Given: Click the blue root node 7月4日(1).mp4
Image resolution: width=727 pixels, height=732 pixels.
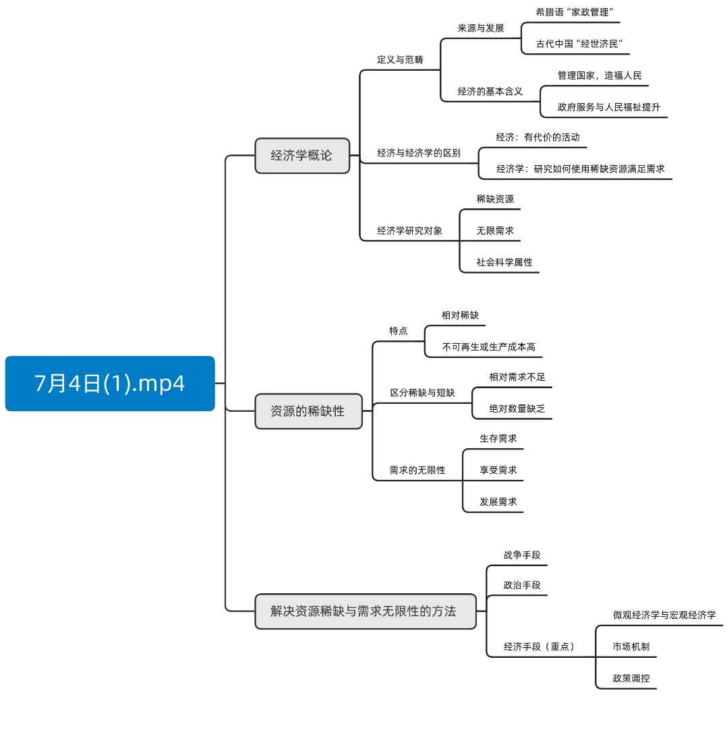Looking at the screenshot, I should click(110, 384).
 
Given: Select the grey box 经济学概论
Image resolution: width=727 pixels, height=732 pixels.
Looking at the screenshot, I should click(302, 155).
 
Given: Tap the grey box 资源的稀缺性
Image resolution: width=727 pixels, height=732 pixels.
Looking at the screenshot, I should click(308, 411).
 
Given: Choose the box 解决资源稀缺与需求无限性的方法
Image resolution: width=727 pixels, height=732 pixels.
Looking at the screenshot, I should click(365, 611).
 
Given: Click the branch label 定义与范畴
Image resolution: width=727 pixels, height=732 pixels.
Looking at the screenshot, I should click(400, 59).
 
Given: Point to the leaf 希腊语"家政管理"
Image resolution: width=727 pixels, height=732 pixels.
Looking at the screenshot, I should click(574, 12).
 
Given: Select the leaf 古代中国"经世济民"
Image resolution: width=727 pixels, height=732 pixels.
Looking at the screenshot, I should click(579, 44).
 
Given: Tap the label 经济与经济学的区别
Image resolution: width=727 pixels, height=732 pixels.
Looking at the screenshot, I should click(418, 153).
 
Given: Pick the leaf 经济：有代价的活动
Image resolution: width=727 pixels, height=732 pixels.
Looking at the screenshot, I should click(537, 138).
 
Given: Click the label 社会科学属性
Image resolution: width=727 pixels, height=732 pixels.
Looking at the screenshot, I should click(504, 262).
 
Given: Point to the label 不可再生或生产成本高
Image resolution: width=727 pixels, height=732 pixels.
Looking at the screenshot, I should click(488, 347).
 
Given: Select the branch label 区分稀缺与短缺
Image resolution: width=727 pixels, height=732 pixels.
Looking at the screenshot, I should click(422, 392).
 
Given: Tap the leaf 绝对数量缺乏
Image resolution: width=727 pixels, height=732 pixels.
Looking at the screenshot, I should click(517, 408).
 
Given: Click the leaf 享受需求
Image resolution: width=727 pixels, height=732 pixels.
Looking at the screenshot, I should click(498, 470).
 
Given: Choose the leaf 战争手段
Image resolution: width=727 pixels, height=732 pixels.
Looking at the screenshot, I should click(521, 555).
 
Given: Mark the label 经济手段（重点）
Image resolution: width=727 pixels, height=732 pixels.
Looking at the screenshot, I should click(539, 646).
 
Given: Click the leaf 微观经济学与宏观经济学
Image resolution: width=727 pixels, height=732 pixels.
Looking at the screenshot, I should click(664, 615).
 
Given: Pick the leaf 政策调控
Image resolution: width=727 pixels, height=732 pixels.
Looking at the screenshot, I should click(631, 678).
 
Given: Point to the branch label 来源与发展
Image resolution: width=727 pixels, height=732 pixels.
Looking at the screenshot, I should click(480, 28).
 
